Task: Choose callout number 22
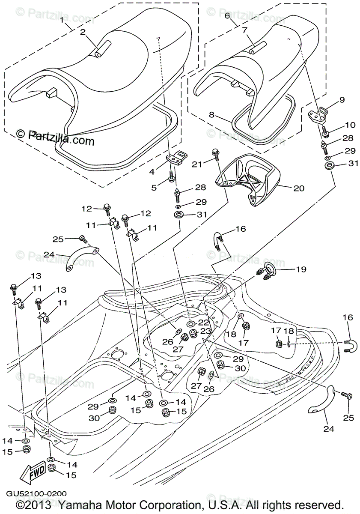[204, 322]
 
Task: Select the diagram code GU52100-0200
[36, 494]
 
